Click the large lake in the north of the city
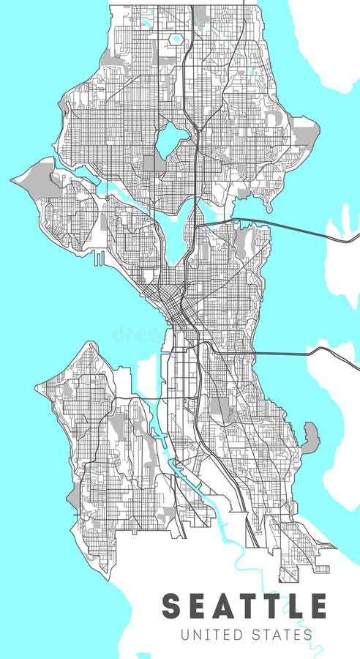click(x=173, y=138)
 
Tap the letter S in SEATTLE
click(x=171, y=606)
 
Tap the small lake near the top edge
click(x=176, y=38)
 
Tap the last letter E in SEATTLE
click(x=319, y=606)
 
